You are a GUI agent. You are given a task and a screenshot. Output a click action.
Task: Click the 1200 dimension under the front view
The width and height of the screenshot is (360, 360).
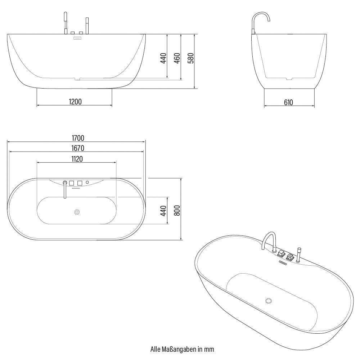click(x=76, y=102)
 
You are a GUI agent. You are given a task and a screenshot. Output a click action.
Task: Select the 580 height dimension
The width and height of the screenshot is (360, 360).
click(x=191, y=58)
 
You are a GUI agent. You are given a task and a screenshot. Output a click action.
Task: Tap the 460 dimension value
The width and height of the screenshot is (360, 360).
click(x=177, y=58)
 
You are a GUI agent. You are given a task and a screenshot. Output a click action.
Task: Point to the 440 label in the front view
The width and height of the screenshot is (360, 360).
click(x=163, y=58)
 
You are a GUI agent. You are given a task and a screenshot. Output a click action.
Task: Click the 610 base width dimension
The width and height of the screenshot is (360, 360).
click(x=288, y=103)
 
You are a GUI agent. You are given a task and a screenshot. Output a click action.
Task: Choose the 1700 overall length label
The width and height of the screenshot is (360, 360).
click(x=77, y=138)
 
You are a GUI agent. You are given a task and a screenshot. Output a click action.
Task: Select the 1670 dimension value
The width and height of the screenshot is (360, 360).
click(x=77, y=148)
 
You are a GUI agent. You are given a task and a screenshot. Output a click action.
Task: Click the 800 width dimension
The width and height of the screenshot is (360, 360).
click(x=177, y=210)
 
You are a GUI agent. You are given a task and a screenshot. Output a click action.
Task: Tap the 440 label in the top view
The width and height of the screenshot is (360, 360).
click(x=163, y=211)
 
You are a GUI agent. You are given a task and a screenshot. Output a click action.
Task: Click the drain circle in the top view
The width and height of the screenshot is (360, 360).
click(x=77, y=212)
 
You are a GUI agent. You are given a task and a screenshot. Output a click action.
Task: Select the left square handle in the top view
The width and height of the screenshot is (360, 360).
click(x=72, y=183)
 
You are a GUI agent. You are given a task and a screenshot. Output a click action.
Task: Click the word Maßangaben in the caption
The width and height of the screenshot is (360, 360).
click(x=179, y=349)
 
